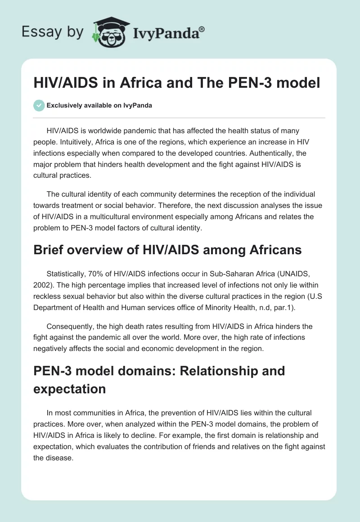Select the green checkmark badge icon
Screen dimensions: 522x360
[x=39, y=105]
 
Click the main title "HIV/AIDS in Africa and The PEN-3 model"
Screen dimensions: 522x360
[x=176, y=84]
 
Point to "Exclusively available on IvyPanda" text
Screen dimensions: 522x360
[x=99, y=106]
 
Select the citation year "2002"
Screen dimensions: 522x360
[x=43, y=285]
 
